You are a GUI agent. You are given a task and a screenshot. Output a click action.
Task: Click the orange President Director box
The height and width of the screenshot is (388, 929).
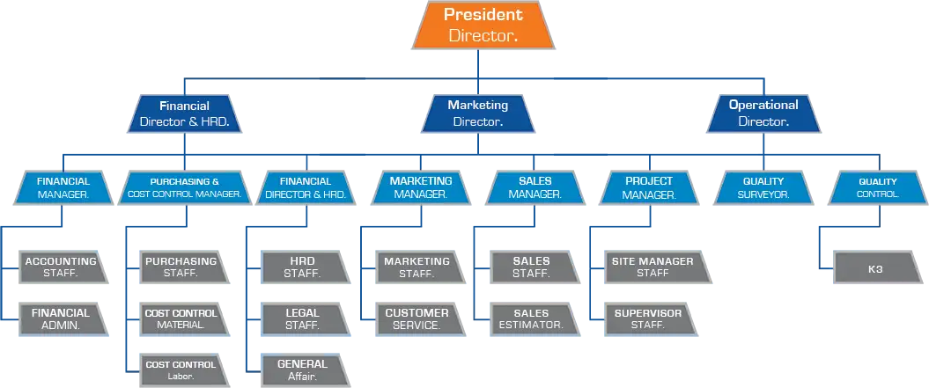[483, 25]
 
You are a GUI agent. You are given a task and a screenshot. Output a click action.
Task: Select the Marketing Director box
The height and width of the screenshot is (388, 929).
[477, 113]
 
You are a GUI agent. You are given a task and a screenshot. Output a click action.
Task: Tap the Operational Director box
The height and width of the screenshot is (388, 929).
[763, 113]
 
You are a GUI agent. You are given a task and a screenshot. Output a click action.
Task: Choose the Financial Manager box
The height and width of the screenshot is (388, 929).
[63, 187]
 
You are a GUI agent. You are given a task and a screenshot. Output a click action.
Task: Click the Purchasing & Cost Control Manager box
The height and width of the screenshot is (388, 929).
[184, 187]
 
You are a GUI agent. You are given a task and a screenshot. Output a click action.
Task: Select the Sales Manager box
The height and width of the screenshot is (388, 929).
[534, 187]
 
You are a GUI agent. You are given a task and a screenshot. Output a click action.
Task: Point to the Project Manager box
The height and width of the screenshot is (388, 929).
[648, 187]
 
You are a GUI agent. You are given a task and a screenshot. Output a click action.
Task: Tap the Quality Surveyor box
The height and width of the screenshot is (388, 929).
[763, 187]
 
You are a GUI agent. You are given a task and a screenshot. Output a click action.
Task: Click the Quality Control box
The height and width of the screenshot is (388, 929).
[877, 187]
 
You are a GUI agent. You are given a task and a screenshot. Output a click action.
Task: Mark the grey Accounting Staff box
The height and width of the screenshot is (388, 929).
[61, 267]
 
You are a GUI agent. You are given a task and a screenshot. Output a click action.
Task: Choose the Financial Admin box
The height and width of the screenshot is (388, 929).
[61, 318]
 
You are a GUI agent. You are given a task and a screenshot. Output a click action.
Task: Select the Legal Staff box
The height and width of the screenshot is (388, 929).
[302, 318]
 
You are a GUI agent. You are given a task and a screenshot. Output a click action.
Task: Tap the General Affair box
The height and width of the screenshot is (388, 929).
[302, 370]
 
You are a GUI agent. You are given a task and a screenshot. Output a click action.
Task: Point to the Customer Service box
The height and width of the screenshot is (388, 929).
[417, 318]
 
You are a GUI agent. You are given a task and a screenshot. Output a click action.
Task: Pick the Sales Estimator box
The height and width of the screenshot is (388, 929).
[531, 318]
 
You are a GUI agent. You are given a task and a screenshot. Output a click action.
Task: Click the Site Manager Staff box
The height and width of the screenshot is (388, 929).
[653, 267]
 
